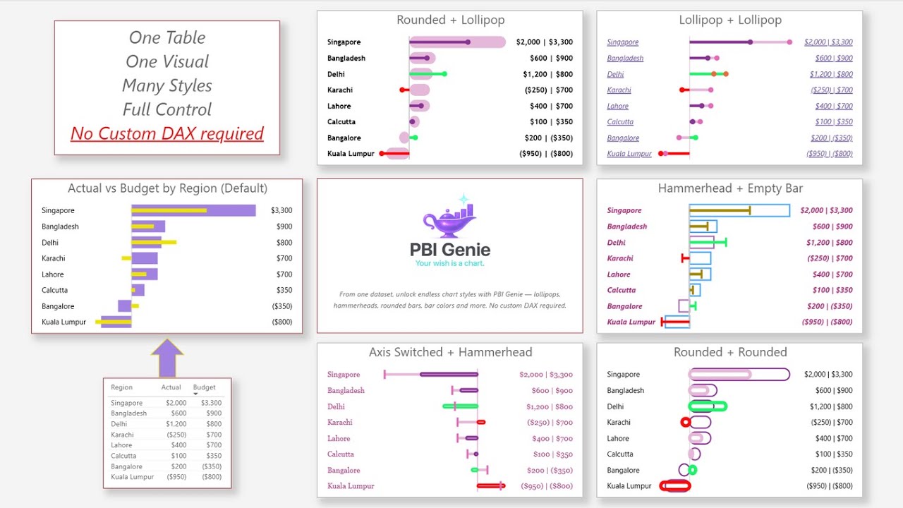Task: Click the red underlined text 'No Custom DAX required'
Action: point(167,133)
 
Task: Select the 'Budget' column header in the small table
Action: point(204,387)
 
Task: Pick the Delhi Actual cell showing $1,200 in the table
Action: point(176,424)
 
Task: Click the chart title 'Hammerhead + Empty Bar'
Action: point(730,188)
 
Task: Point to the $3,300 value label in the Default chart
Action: point(281,210)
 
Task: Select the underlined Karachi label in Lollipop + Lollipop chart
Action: point(619,90)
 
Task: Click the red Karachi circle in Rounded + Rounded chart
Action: point(685,422)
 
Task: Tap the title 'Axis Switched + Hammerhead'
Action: point(450,352)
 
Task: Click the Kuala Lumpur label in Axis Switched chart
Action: point(351,486)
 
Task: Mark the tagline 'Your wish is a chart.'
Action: point(449,264)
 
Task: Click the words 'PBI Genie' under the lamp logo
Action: point(449,249)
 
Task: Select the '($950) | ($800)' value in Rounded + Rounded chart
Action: point(829,486)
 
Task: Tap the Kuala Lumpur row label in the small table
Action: point(132,477)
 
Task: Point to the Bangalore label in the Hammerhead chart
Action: point(624,306)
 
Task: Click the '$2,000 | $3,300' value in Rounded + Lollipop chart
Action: point(544,42)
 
